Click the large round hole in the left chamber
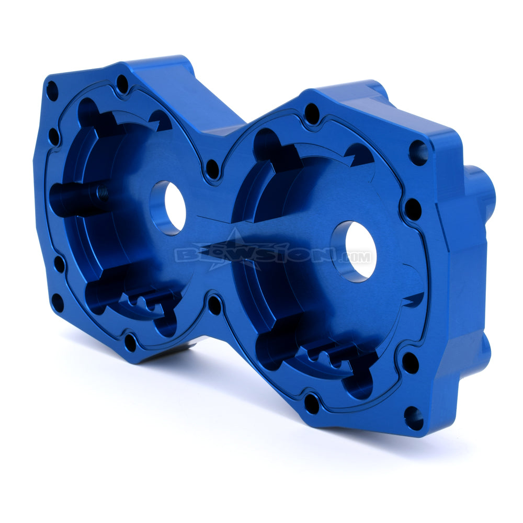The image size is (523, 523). coord(168,207)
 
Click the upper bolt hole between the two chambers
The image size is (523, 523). coord(212,169)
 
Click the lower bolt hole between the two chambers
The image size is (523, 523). coord(214,305)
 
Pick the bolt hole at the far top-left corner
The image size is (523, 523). coord(52,91)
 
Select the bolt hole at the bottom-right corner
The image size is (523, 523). coord(414,418)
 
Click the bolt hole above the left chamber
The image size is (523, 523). coord(122,84)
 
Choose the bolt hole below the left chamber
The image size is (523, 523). coord(130,343)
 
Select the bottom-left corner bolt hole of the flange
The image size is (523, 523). coord(58,303)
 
